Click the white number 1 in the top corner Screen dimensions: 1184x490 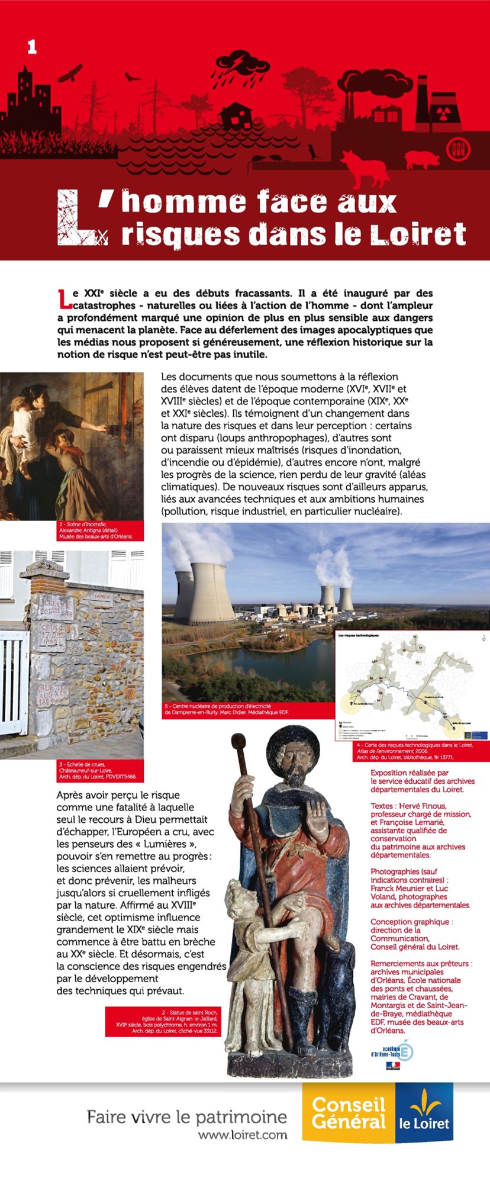tap(32, 47)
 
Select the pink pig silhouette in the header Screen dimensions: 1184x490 tap(424, 158)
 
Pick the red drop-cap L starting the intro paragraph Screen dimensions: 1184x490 tap(64, 300)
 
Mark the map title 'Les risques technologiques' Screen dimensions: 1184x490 tap(357, 635)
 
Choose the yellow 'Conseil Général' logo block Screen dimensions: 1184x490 tap(348, 1112)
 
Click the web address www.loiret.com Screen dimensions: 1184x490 tap(243, 1135)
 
